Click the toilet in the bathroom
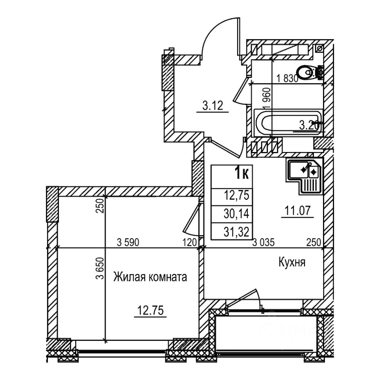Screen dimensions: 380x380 pyautogui.click(x=309, y=72)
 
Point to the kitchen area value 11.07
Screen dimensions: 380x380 pyautogui.click(x=298, y=211)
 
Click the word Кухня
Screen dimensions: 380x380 pyautogui.click(x=292, y=262)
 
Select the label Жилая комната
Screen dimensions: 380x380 pyautogui.click(x=150, y=277)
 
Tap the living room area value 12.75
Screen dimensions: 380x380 pyautogui.click(x=150, y=310)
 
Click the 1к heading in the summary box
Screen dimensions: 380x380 pyautogui.click(x=241, y=174)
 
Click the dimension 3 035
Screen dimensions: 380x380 pyautogui.click(x=264, y=242)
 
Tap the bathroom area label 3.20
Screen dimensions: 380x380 pyautogui.click(x=309, y=126)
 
